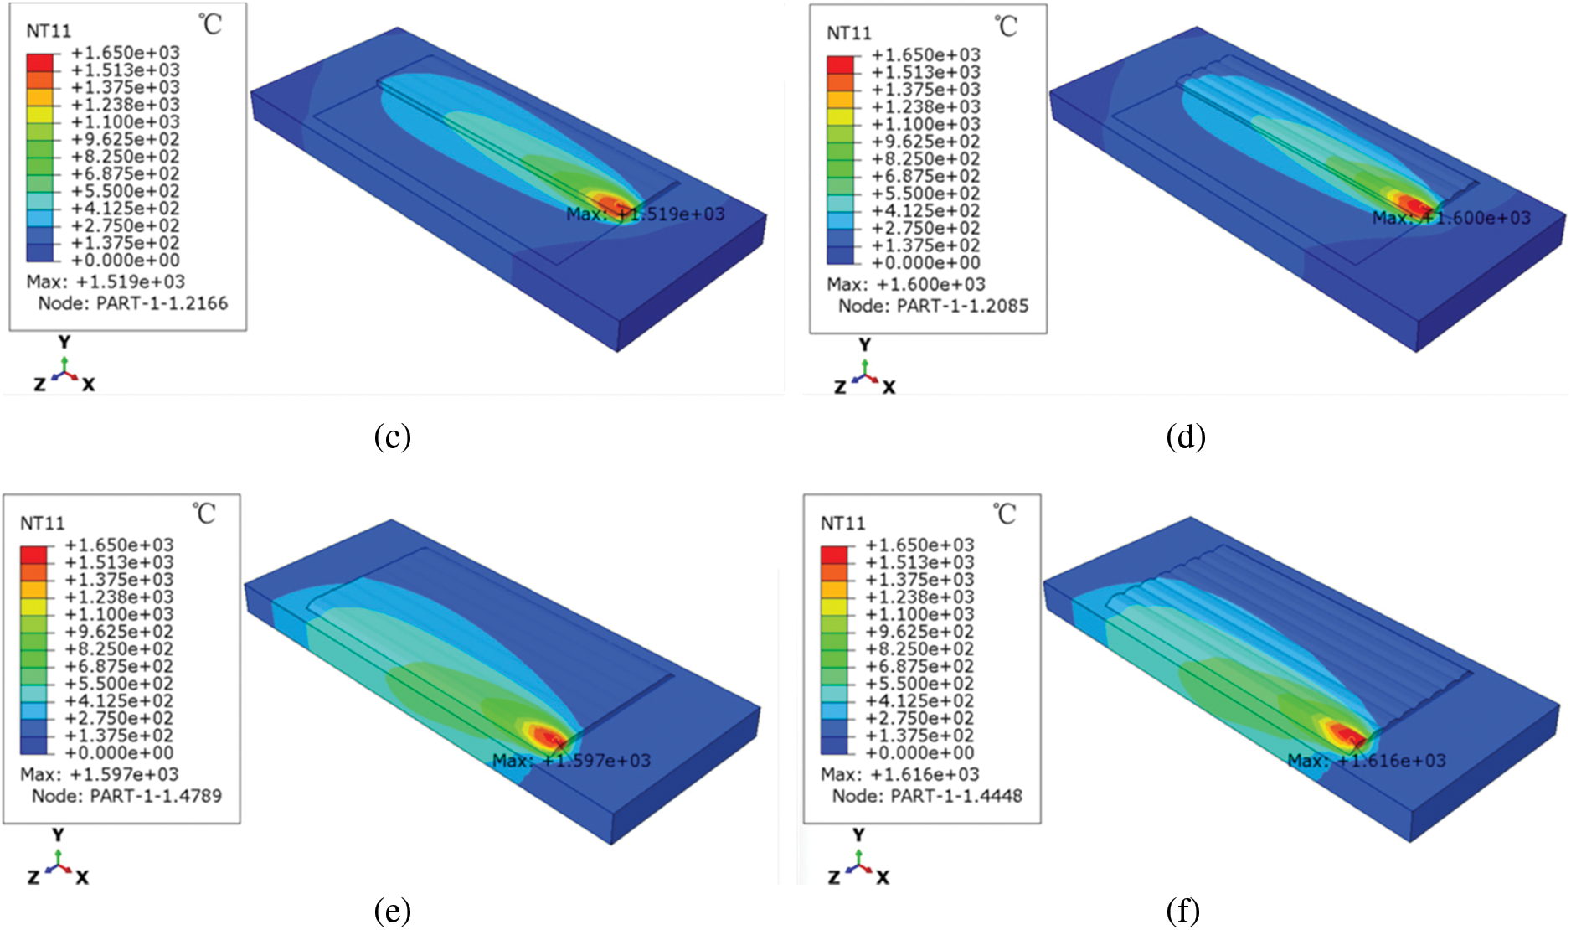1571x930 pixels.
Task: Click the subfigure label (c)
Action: pyautogui.click(x=392, y=437)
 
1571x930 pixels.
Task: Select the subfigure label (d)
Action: pyautogui.click(x=1185, y=437)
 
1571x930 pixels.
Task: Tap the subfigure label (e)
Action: pyautogui.click(x=392, y=910)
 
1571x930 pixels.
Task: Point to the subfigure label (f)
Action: pyautogui.click(x=1182, y=910)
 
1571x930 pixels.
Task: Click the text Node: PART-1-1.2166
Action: pyautogui.click(x=132, y=303)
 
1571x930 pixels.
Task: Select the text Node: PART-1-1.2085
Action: pyautogui.click(x=933, y=306)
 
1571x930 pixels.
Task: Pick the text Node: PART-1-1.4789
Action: pyautogui.click(x=126, y=796)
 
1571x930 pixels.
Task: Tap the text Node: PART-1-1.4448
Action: pyautogui.click(x=927, y=796)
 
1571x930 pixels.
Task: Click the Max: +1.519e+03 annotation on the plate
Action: pyautogui.click(x=645, y=214)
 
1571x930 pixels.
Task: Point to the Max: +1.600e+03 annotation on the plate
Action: pyautogui.click(x=1451, y=218)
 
